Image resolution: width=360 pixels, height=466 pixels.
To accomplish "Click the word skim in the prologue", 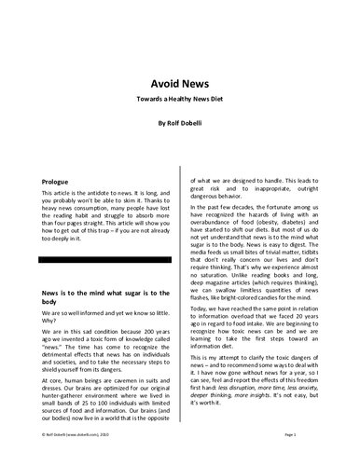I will [156, 202].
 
